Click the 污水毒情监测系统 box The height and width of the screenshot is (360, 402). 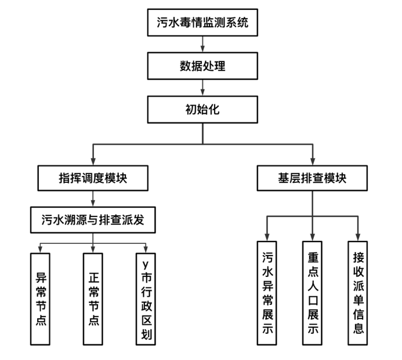point(202,24)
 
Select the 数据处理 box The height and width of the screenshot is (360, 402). point(202,66)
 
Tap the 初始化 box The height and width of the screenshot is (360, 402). point(202,109)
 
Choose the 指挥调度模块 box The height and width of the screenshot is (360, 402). point(93,178)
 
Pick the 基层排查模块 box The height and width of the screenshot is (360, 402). point(312,178)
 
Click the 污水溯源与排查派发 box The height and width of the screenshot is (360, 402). point(93,221)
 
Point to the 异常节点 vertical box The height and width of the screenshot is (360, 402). point(41,298)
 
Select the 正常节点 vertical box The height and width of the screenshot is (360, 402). point(93,298)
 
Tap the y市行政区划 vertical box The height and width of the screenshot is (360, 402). point(146,298)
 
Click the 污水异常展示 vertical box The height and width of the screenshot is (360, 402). point(266,294)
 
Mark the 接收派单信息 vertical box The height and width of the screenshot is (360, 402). point(358,294)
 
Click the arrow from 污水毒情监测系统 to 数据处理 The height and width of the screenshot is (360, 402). point(202,44)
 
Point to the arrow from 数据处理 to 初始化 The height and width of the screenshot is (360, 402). point(202,87)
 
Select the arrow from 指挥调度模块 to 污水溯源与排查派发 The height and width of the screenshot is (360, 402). point(93,200)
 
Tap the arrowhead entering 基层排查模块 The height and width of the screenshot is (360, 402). point(312,162)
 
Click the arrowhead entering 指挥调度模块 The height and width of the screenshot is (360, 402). point(93,162)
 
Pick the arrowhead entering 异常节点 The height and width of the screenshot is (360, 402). point(41,249)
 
